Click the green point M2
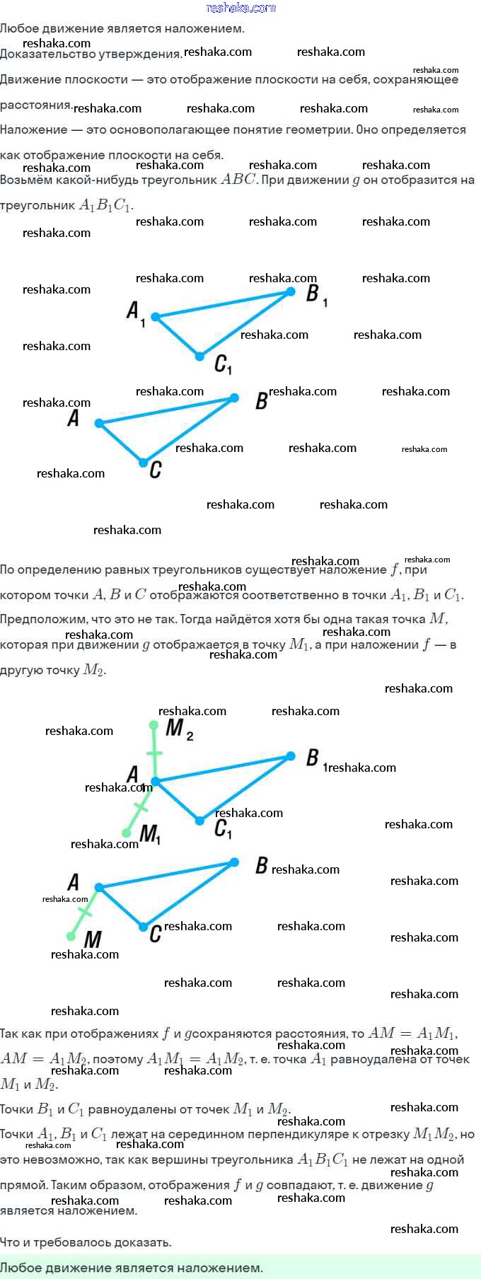click(153, 725)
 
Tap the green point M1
click(127, 833)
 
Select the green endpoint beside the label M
click(71, 936)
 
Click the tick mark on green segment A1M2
click(154, 753)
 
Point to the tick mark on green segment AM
click(85, 912)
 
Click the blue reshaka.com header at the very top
click(240, 8)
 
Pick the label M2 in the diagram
click(179, 729)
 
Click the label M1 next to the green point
click(150, 835)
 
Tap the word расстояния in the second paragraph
click(35, 105)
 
